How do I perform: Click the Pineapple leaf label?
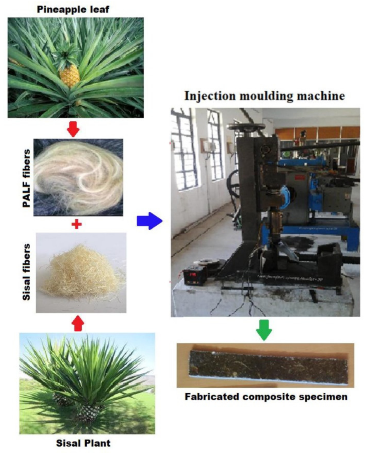tap(73, 9)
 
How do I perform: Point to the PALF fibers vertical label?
tap(27, 178)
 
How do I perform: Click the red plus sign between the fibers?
tap(76, 224)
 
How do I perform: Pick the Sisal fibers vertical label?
tap(27, 272)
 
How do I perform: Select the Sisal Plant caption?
tap(83, 443)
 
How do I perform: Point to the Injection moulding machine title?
tap(264, 96)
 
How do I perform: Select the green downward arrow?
tap(264, 329)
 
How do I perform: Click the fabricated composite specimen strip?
tap(268, 366)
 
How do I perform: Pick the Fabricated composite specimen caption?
tap(266, 397)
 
